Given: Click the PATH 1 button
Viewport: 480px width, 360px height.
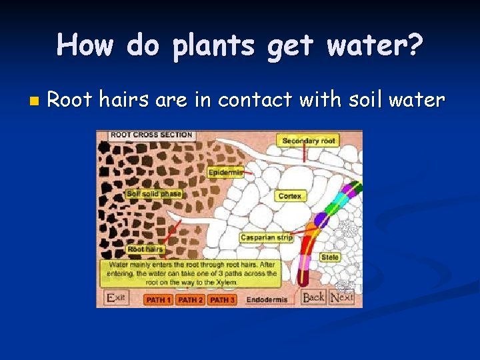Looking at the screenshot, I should (x=159, y=300).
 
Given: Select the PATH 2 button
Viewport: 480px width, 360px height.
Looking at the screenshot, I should (x=191, y=300).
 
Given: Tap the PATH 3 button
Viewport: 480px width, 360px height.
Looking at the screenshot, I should (x=222, y=300).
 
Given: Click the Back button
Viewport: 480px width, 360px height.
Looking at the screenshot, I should (x=313, y=297).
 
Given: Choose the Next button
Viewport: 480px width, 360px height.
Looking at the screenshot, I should (x=342, y=297).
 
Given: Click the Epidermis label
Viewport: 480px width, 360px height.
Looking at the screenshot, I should (x=225, y=173).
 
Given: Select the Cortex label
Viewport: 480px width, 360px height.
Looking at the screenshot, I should (x=290, y=196).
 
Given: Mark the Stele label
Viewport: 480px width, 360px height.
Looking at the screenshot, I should (x=330, y=257).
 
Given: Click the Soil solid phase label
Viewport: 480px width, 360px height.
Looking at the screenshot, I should (x=154, y=194).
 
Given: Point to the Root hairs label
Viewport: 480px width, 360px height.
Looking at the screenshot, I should (x=145, y=249).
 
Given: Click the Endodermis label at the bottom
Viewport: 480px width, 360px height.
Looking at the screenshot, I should (x=267, y=300).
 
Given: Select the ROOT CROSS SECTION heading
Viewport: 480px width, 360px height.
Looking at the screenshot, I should (x=151, y=135).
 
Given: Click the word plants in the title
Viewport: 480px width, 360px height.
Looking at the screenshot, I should (x=209, y=45).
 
